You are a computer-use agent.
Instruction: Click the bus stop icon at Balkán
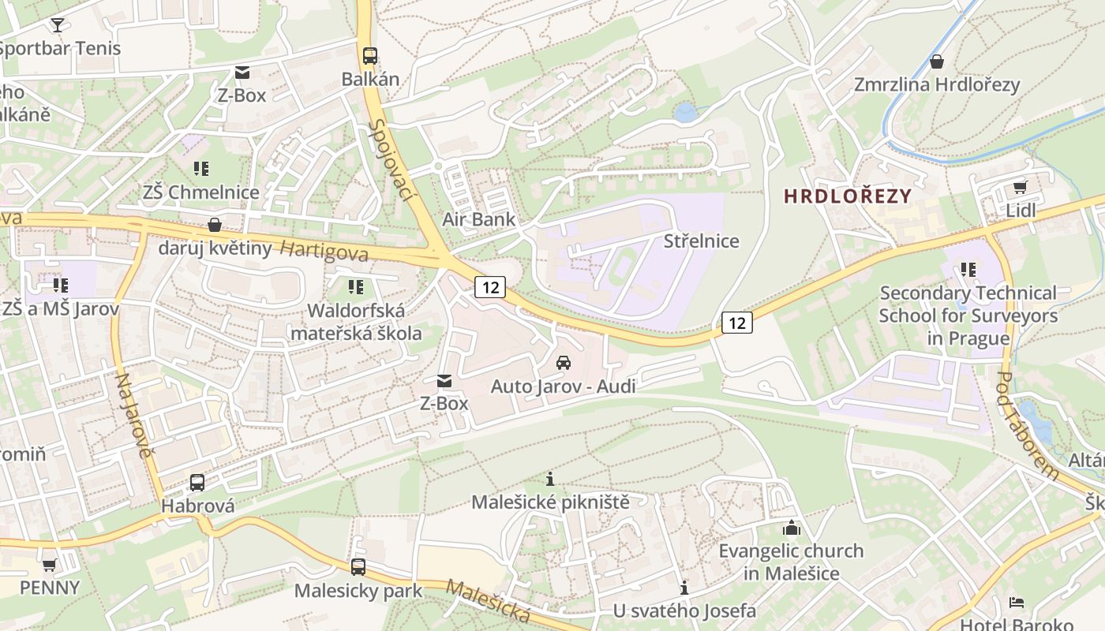(370, 56)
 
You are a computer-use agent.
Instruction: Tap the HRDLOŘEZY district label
(848, 196)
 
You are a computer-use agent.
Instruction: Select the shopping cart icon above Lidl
(1020, 187)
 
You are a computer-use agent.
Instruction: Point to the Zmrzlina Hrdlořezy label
(937, 84)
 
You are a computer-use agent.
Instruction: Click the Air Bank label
(478, 219)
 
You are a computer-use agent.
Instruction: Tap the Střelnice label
(702, 241)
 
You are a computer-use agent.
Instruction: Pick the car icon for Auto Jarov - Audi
(564, 363)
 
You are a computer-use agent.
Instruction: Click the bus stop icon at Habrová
(197, 482)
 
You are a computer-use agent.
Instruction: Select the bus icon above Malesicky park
(358, 566)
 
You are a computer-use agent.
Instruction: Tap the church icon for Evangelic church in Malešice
(791, 528)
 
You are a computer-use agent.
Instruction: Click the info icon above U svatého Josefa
(684, 588)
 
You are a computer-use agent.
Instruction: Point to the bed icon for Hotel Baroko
(1017, 603)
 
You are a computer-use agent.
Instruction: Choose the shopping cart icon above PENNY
(50, 565)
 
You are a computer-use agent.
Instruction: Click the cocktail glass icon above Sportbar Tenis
(57, 24)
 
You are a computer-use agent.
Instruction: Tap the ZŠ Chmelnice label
(201, 192)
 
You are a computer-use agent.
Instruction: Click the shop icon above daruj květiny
(214, 225)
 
